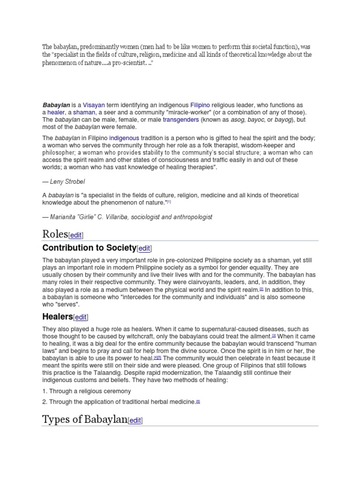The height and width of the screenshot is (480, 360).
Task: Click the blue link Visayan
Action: [94, 105]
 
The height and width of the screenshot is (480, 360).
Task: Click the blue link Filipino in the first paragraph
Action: [200, 105]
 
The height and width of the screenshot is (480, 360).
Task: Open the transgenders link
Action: [181, 120]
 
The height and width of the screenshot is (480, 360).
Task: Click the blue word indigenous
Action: [124, 138]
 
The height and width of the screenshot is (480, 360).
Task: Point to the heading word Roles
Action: [55, 234]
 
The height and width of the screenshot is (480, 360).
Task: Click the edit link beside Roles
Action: [76, 235]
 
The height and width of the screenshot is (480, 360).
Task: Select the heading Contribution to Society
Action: [89, 247]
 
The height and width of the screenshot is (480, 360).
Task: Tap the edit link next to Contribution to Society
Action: [145, 248]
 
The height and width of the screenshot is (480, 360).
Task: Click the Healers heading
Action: [57, 317]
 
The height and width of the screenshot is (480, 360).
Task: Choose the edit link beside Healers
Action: [81, 318]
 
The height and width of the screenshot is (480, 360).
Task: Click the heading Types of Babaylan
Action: [84, 419]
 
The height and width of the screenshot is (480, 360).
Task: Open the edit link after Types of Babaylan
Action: [135, 420]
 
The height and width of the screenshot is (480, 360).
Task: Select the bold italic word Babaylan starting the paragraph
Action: [56, 105]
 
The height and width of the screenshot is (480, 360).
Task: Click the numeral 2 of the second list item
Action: [44, 402]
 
